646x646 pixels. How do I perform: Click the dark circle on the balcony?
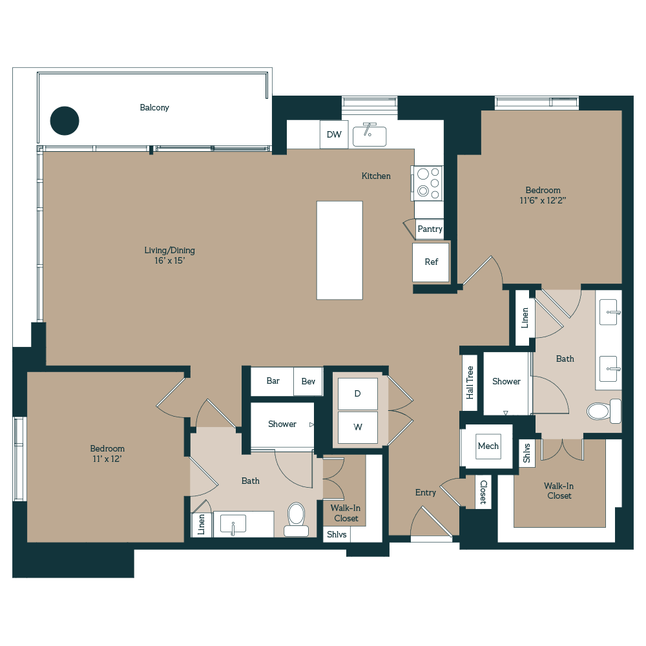pyautogui.click(x=65, y=121)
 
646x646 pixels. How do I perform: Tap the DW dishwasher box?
pyautogui.click(x=334, y=134)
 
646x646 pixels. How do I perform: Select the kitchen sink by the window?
pyautogui.click(x=370, y=135)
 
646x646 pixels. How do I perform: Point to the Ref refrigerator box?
pyautogui.click(x=431, y=262)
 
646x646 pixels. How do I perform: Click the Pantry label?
pyautogui.click(x=430, y=229)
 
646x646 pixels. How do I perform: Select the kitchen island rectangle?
pyautogui.click(x=339, y=250)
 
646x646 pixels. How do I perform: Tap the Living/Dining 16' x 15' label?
pyautogui.click(x=169, y=255)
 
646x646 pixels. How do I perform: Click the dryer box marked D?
pyautogui.click(x=358, y=393)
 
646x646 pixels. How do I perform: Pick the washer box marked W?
pyautogui.click(x=358, y=427)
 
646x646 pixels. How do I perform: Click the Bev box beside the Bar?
pyautogui.click(x=308, y=381)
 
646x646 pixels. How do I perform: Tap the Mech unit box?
pyautogui.click(x=488, y=446)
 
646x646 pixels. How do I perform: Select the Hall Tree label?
pyautogui.click(x=470, y=382)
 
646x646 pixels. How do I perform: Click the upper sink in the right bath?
pyautogui.click(x=608, y=313)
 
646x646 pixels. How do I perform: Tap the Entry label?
pyautogui.click(x=425, y=492)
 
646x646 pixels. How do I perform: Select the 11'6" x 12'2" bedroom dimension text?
pyautogui.click(x=543, y=201)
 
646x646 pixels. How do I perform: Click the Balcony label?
pyautogui.click(x=154, y=107)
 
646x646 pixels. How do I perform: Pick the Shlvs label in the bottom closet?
pyautogui.click(x=337, y=534)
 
